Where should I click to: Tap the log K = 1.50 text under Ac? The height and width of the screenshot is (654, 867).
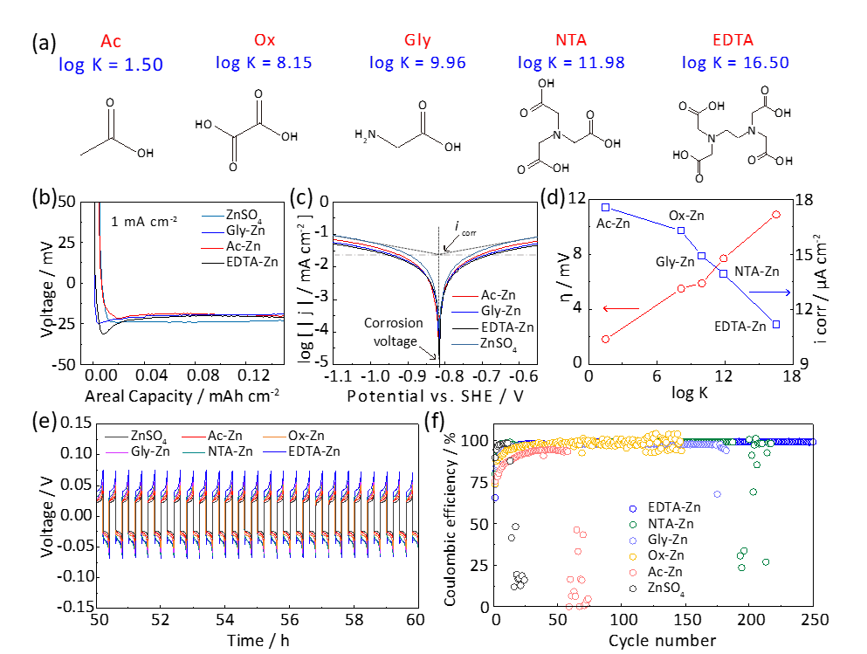[110, 64]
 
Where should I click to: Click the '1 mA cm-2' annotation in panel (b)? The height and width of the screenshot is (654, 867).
[143, 221]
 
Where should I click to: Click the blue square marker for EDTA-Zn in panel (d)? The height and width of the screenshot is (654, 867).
[776, 324]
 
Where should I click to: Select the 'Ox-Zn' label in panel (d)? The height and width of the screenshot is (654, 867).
[687, 215]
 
